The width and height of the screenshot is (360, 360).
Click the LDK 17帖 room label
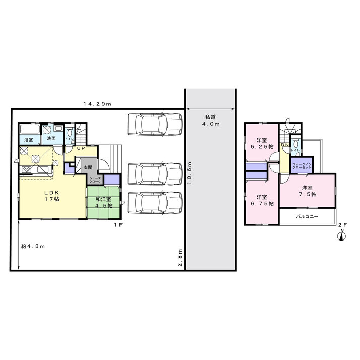click(52, 196)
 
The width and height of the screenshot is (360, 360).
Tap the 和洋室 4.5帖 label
click(104, 202)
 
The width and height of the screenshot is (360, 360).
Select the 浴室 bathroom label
click(29, 139)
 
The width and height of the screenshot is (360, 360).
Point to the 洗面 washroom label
click(51, 138)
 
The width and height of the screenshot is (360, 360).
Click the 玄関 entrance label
click(88, 167)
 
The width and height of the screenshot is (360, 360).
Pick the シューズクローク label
click(95, 180)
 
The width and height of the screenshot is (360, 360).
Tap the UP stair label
click(81, 148)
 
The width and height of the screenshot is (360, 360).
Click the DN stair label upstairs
click(285, 145)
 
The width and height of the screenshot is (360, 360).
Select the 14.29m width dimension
click(97, 104)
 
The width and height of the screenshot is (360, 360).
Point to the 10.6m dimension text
click(189, 173)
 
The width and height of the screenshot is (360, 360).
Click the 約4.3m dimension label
click(33, 246)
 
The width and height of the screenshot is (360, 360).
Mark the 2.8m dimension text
click(180, 257)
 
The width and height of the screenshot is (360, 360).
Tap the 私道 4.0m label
click(211, 121)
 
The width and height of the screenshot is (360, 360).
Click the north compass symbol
click(342, 235)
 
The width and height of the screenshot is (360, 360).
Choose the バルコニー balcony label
click(307, 216)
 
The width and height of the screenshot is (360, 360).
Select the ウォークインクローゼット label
click(302, 166)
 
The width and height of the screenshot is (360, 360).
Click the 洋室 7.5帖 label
click(308, 191)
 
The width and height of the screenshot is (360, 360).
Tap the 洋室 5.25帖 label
click(262, 144)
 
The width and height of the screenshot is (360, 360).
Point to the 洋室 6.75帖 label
click(262, 200)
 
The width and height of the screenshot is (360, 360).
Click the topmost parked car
click(155, 124)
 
